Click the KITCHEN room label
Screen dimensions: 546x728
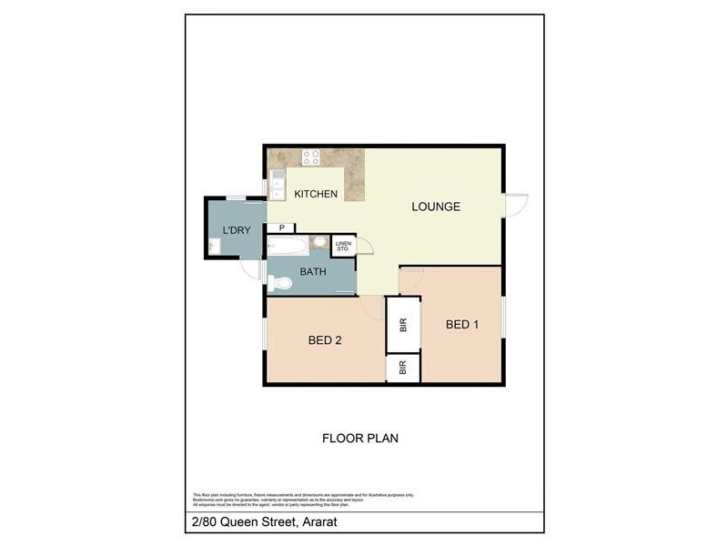pos(316,194)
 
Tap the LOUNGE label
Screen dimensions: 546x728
pos(436,207)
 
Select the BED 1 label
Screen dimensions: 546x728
pos(462,325)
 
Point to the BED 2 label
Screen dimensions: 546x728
pos(325,341)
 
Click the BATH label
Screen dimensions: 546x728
pos(314,271)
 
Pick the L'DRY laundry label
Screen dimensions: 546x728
pos(236,230)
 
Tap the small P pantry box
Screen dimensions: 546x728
pos(282,228)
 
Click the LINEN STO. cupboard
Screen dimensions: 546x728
pos(343,245)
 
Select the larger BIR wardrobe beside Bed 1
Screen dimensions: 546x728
pos(403,325)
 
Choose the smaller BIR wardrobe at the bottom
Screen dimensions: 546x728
pos(403,369)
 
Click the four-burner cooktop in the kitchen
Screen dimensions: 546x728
pos(311,157)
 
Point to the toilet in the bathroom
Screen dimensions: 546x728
pos(281,283)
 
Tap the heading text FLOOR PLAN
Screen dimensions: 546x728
pos(360,438)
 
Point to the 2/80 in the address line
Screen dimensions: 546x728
pos(202,522)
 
